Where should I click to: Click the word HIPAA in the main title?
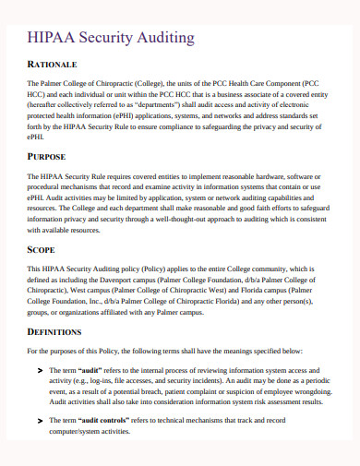56,38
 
